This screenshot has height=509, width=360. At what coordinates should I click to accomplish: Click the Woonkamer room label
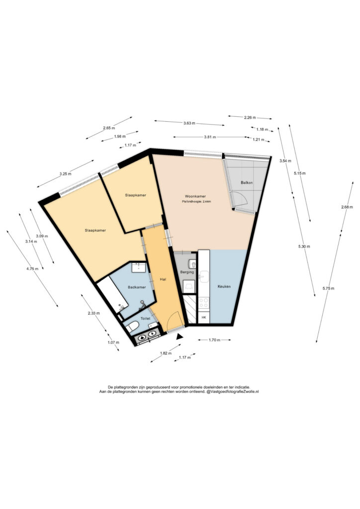tap(195, 196)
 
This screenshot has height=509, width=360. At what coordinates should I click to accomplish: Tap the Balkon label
tap(247, 183)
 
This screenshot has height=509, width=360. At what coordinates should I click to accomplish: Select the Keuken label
tap(224, 287)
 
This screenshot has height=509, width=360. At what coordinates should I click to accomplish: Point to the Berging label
tap(187, 272)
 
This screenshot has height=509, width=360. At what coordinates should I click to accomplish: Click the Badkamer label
tap(137, 287)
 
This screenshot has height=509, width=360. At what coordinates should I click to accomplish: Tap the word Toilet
tap(145, 319)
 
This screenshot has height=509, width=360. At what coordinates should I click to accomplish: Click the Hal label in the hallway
tap(163, 279)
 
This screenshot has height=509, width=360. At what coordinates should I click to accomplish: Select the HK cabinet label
tap(204, 318)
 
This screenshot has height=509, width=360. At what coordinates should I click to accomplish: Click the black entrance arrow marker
tap(179, 337)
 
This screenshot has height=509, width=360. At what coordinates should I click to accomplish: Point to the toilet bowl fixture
tap(132, 327)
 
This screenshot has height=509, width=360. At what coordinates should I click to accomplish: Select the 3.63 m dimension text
tap(189, 123)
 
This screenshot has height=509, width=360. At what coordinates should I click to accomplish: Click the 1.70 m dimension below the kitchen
tap(214, 340)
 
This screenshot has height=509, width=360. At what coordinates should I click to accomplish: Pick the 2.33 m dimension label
tap(93, 313)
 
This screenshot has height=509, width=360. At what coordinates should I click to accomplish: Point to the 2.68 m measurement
tap(347, 207)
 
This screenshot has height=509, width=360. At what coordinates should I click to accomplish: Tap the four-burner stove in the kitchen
tap(203, 303)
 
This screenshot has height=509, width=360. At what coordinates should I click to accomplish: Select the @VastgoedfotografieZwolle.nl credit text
tap(232, 392)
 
